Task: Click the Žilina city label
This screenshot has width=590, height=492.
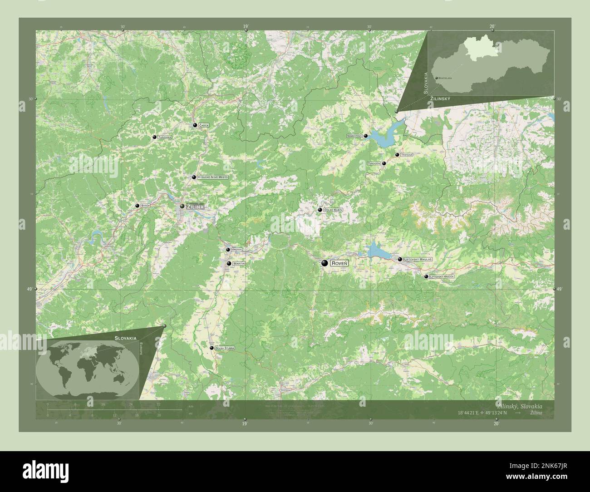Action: (x=195, y=207)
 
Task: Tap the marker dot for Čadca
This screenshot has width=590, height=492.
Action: (x=195, y=125)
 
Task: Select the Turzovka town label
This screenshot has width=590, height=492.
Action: (x=164, y=137)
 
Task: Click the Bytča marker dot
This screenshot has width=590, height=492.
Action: (x=137, y=206)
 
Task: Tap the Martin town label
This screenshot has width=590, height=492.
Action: (x=239, y=263)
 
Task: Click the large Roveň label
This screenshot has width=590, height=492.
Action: (x=339, y=263)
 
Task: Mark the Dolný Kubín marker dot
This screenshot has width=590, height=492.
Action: (x=320, y=210)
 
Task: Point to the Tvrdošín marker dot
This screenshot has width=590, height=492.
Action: (x=384, y=163)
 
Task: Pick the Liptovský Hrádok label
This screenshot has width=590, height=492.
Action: (x=442, y=276)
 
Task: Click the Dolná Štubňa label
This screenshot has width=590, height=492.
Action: (x=225, y=348)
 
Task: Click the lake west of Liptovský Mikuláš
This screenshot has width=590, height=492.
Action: (x=375, y=249)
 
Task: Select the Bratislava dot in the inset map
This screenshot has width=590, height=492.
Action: (x=436, y=78)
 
